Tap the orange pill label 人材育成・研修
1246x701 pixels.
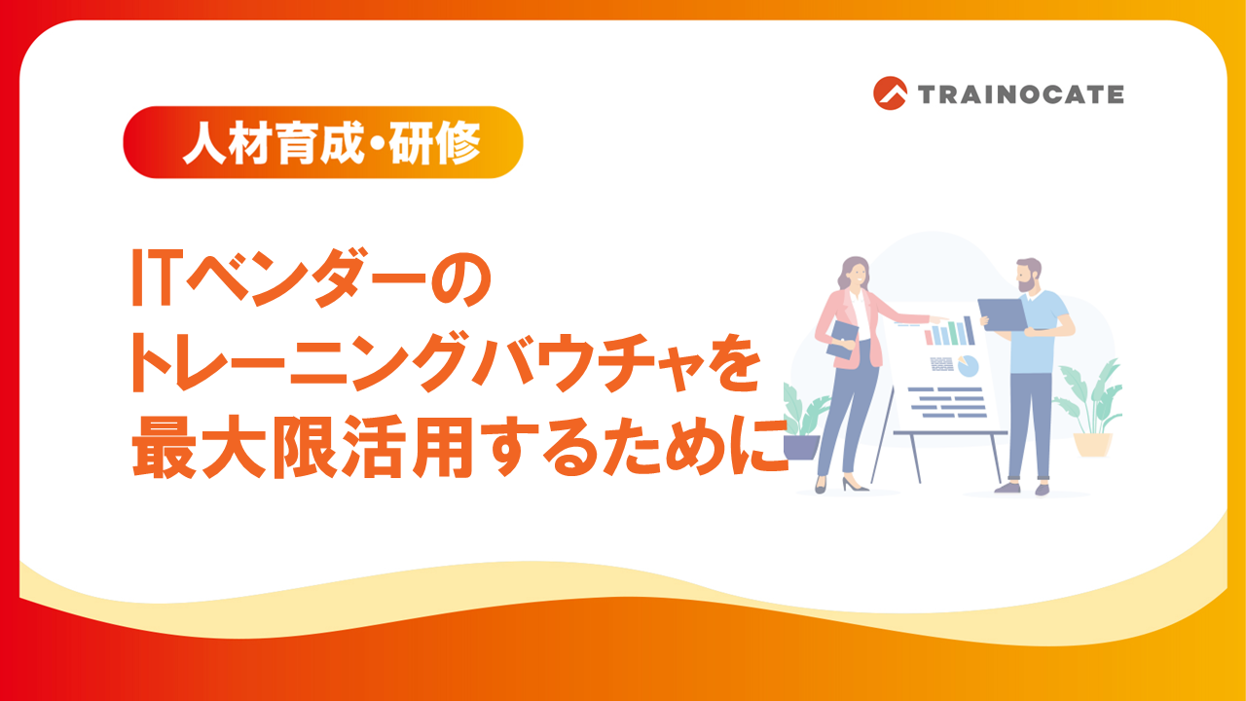(x=322, y=142)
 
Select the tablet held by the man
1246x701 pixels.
(x=1003, y=315)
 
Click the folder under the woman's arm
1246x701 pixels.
(x=843, y=339)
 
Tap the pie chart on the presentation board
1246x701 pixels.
(x=968, y=366)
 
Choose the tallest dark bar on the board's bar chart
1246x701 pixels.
(x=969, y=330)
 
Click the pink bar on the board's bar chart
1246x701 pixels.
(x=928, y=338)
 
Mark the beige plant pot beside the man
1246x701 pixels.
(x=1092, y=444)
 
